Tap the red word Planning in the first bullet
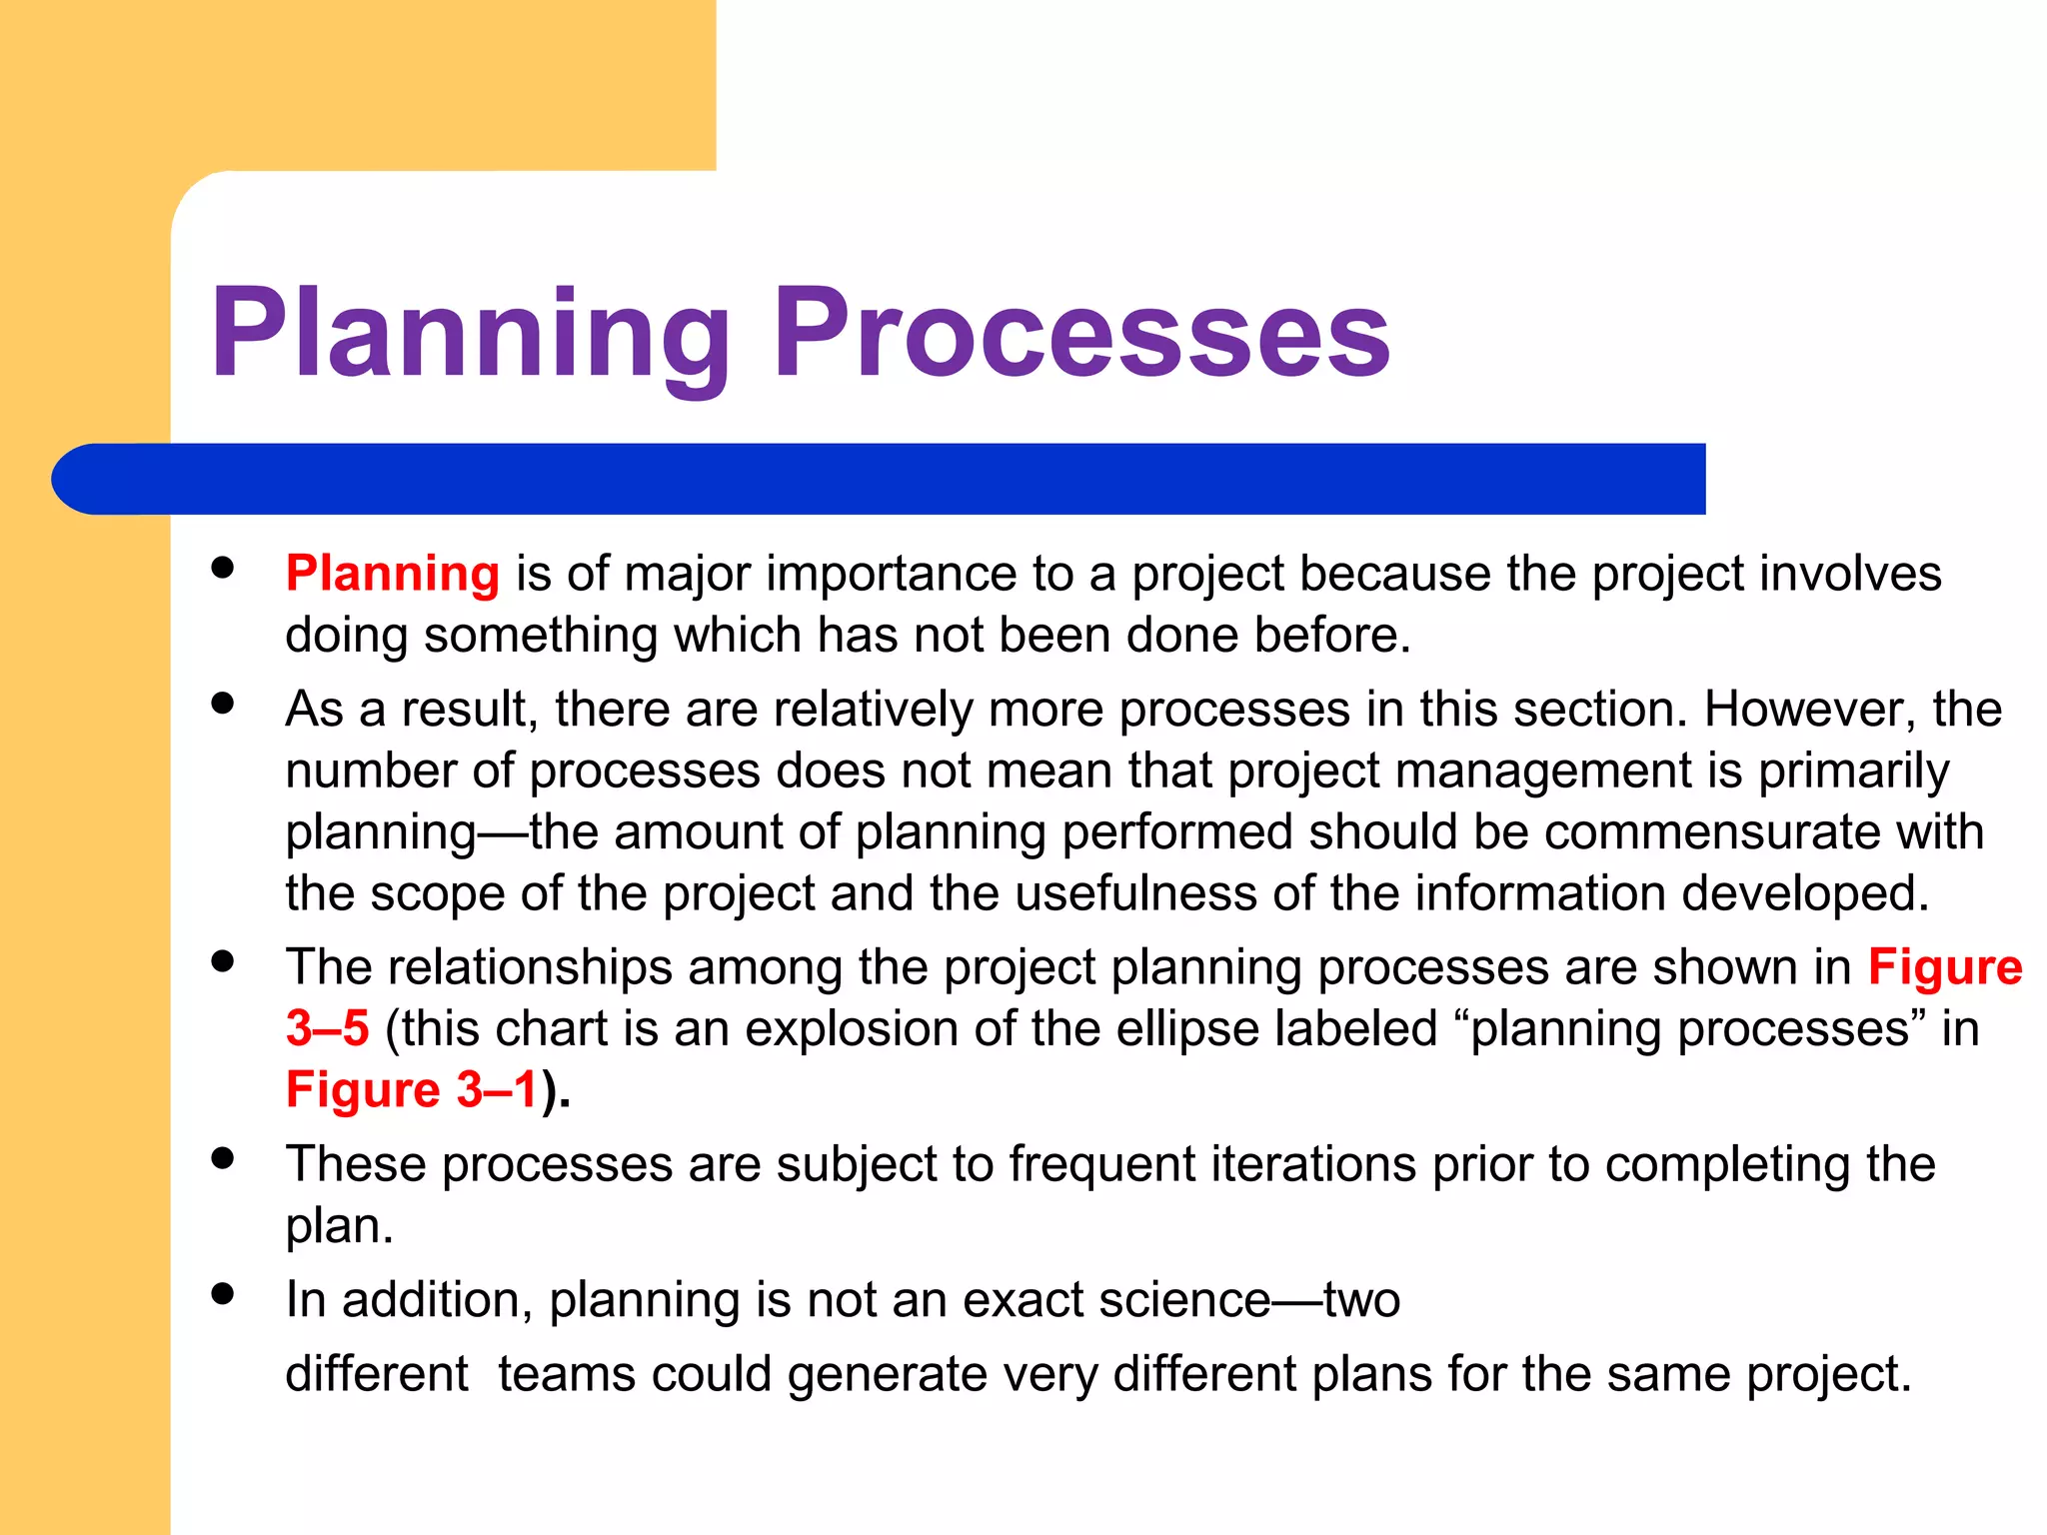coord(392,575)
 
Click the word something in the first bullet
coord(540,637)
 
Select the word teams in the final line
coord(566,1375)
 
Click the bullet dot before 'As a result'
coord(223,704)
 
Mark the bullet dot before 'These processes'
coord(223,1158)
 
